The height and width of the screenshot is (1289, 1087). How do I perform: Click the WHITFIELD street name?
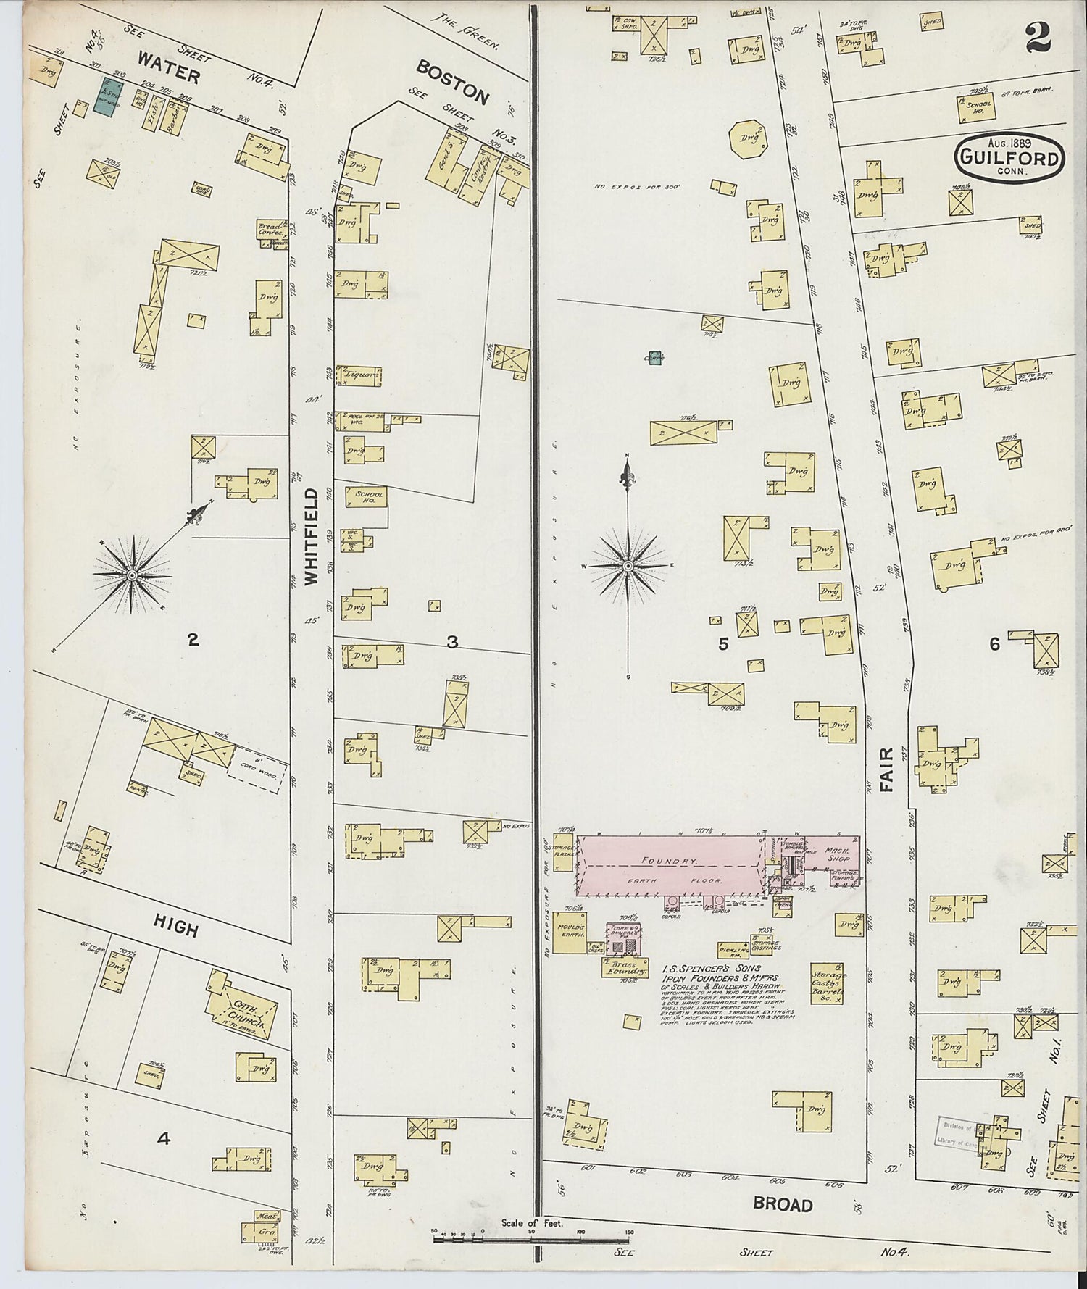click(312, 536)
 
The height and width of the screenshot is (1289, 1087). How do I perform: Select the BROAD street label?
click(782, 1205)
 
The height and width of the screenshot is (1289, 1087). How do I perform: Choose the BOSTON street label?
click(452, 82)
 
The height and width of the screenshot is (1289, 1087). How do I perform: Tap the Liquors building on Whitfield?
click(362, 375)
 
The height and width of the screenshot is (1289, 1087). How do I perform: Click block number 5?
click(723, 643)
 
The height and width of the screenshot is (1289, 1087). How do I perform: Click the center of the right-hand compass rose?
click(628, 564)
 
